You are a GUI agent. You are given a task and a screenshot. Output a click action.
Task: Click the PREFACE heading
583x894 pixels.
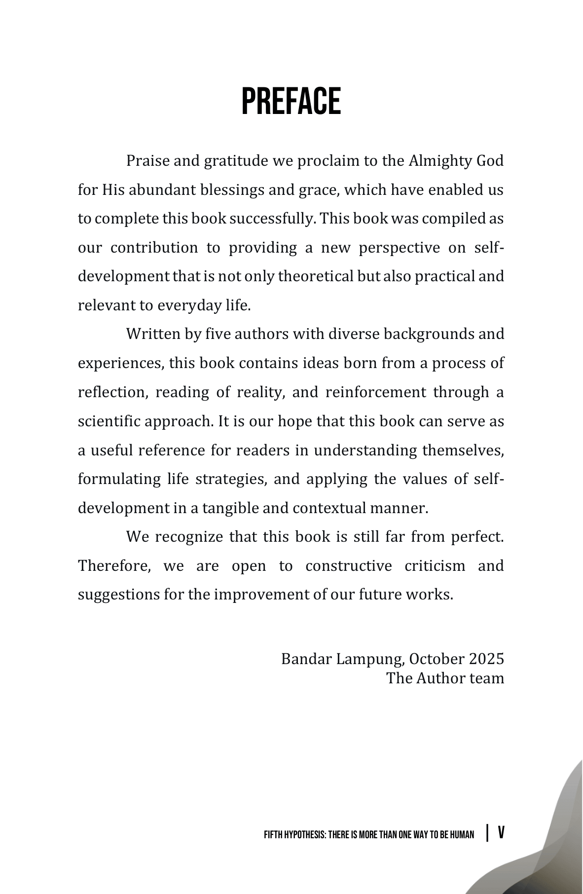tap(291, 102)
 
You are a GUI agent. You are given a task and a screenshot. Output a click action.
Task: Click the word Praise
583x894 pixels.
tap(148, 161)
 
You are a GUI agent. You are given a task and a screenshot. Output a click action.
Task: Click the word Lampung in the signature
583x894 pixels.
tap(371, 659)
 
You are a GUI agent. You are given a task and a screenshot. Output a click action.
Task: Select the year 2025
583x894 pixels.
tap(486, 659)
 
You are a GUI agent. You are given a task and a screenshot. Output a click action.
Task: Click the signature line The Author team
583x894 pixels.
tap(445, 678)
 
